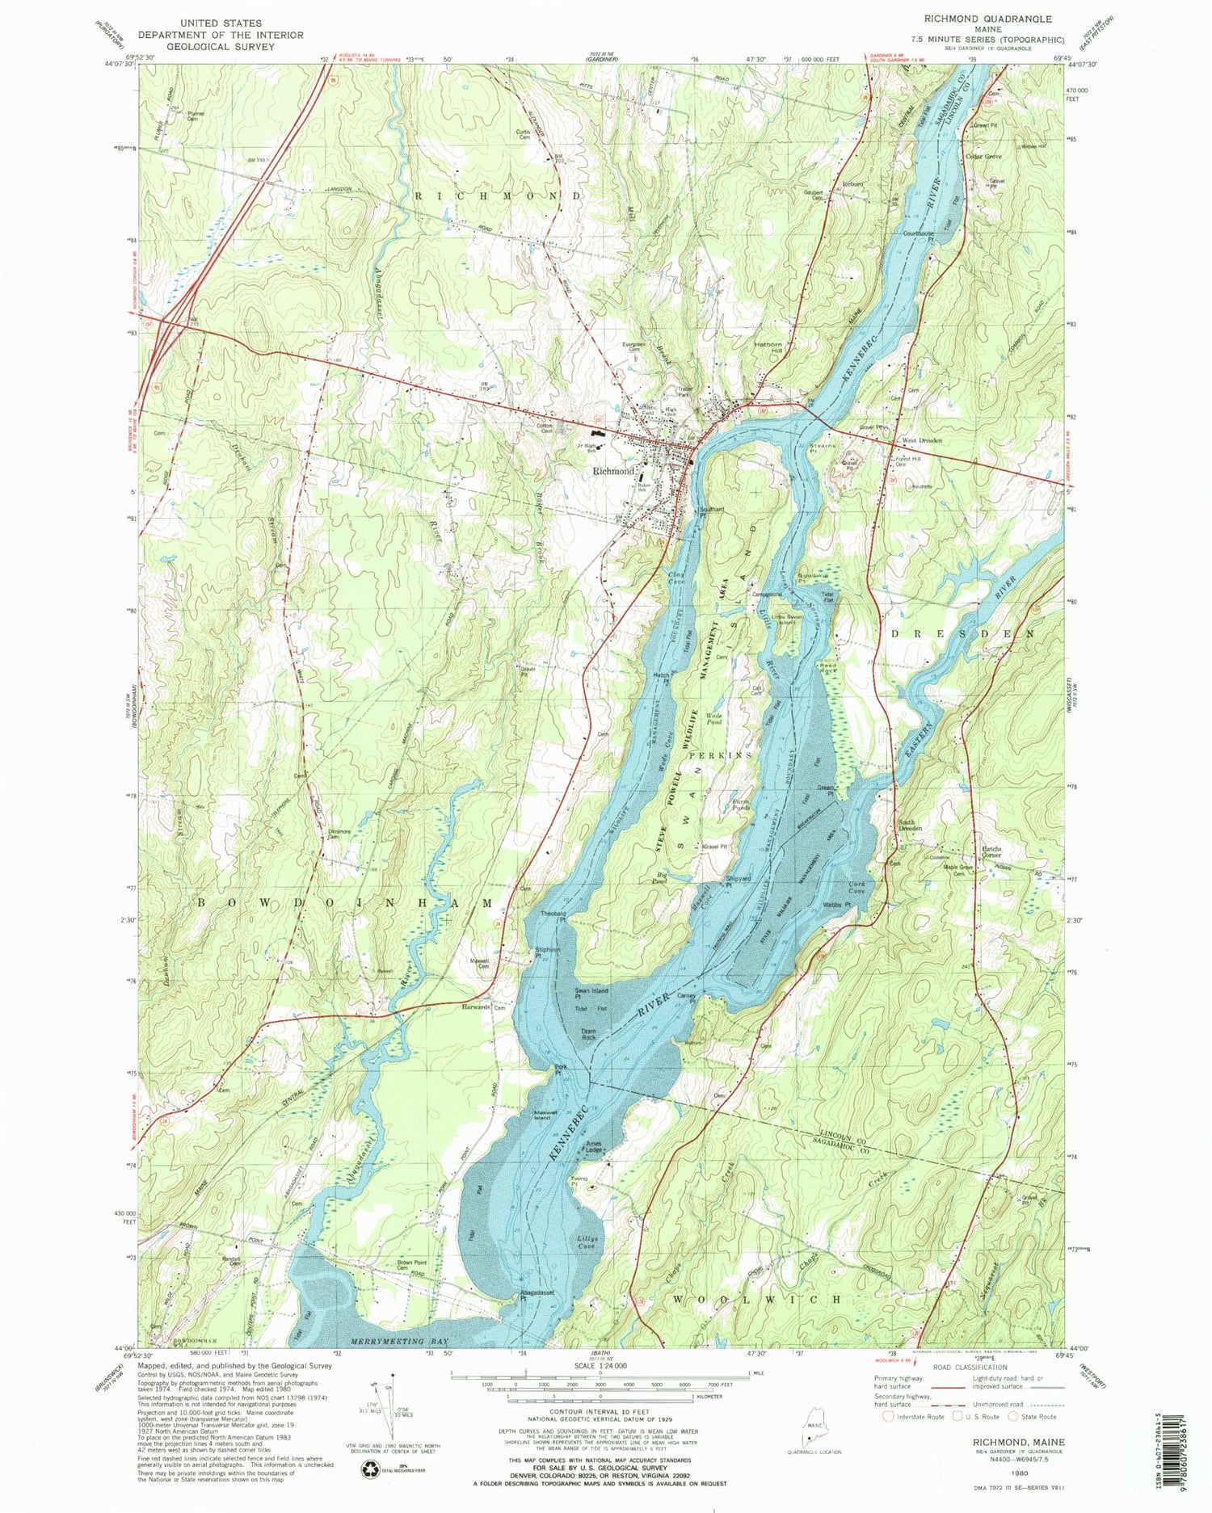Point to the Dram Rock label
tap(589, 1033)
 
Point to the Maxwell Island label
tap(551, 1116)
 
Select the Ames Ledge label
tap(594, 1147)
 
